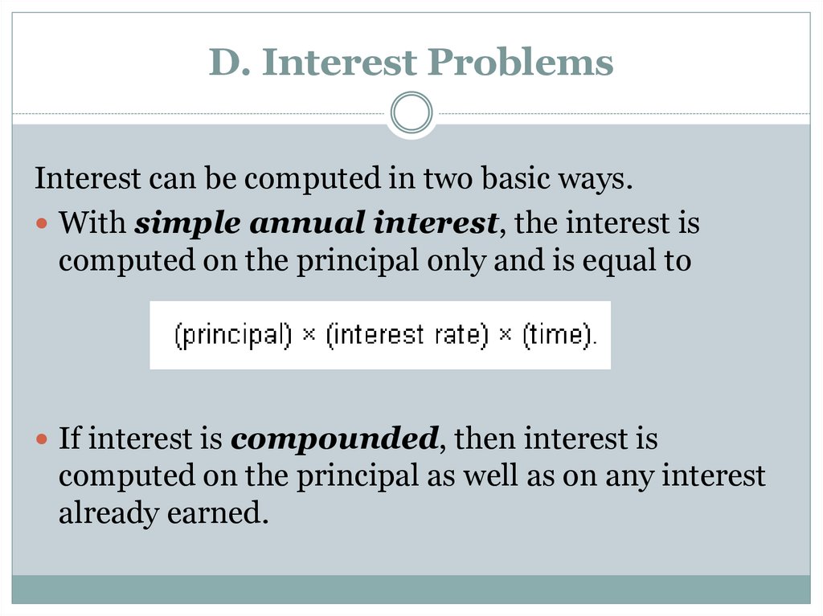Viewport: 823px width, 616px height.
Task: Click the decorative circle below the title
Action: [411, 112]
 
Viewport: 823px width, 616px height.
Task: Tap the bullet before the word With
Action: [43, 223]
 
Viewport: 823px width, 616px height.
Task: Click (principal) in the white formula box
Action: [233, 335]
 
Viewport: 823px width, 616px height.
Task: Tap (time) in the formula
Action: [558, 335]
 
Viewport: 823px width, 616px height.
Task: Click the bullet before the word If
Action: [43, 439]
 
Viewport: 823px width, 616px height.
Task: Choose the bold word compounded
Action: [334, 439]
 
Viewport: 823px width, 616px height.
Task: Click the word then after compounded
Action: [485, 439]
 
